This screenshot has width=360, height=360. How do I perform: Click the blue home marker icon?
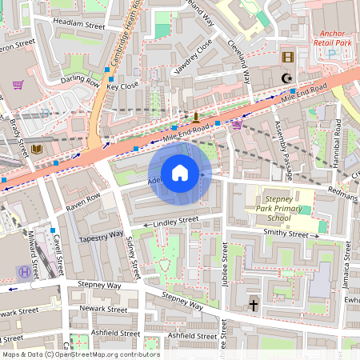(x=180, y=173)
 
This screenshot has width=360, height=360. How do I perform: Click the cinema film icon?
(x=288, y=58)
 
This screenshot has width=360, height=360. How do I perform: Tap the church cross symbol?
(x=254, y=305)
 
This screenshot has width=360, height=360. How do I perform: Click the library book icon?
(x=37, y=149)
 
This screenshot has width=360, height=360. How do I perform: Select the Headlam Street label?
(x=78, y=26)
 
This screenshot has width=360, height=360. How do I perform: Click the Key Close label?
(x=123, y=86)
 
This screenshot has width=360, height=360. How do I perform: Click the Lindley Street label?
(x=170, y=220)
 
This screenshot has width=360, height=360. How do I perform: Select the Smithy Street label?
(x=285, y=234)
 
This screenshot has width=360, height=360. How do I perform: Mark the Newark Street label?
(x=103, y=309)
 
